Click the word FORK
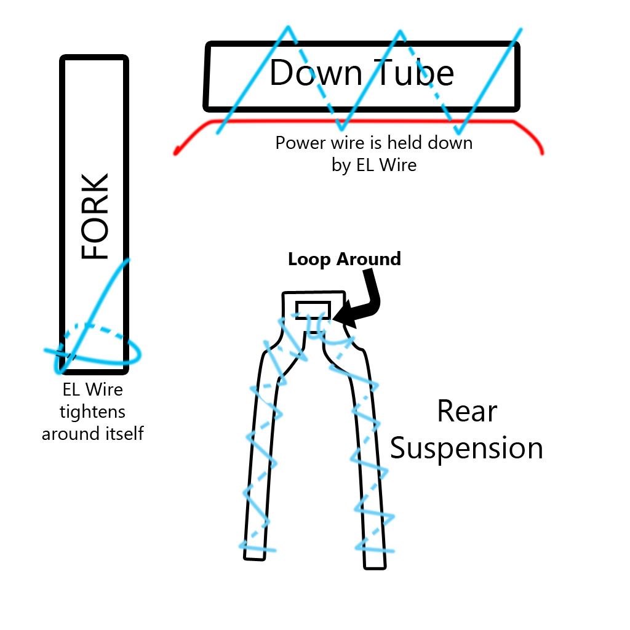click(x=95, y=217)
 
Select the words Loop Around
click(x=344, y=259)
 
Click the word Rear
click(x=466, y=411)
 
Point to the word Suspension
click(x=466, y=448)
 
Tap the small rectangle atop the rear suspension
click(x=313, y=310)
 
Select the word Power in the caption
click(x=299, y=143)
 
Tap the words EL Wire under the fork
click(x=93, y=389)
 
